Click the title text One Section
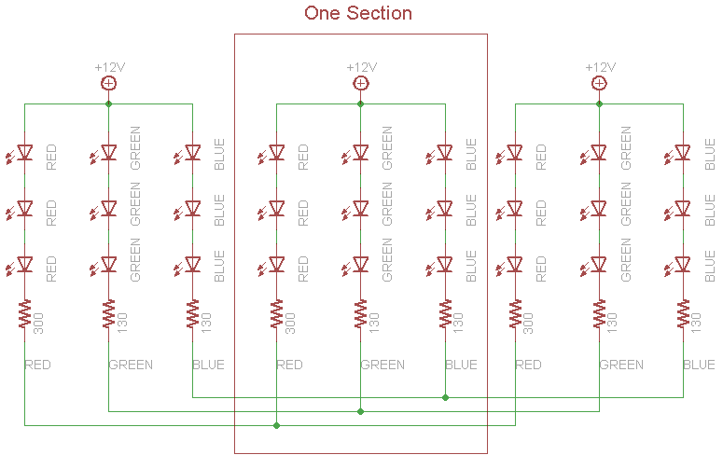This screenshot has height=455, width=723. pos(358,13)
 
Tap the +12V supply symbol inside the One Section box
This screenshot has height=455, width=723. pos(361,83)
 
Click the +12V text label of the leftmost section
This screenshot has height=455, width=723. pos(110,67)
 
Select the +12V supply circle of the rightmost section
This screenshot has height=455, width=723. pos(599,83)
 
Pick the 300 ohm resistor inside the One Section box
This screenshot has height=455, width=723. pos(277,313)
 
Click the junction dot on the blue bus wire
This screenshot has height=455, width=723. pos(445,397)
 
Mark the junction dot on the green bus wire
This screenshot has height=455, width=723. pos(361,411)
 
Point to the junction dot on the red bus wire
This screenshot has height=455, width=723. pos(277,425)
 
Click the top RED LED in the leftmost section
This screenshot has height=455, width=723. pos(21,153)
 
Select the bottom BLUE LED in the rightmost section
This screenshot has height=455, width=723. pos(679,266)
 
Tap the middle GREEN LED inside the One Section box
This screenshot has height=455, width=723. pos(356,209)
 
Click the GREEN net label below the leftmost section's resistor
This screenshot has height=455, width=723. pos(131,365)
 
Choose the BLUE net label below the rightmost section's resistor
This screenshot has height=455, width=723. pos(699,365)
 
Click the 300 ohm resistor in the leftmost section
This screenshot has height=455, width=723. pos(25,313)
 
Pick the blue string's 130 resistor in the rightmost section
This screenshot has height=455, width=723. pos(683,313)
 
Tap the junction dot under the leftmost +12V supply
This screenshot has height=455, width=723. pos(108,104)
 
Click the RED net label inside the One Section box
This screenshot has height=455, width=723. pos(289,365)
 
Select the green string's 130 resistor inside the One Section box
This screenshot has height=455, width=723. pos(361,313)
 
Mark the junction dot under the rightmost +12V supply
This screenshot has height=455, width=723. pos(599,104)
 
